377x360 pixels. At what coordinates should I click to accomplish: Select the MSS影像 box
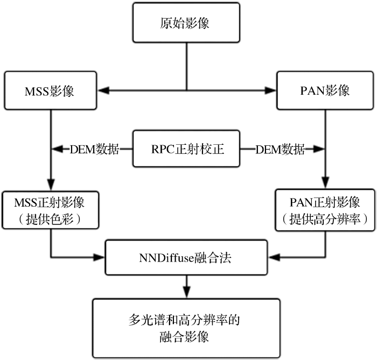[50, 90]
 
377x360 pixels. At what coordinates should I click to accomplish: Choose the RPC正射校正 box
[186, 149]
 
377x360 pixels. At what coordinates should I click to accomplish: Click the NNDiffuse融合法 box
[186, 257]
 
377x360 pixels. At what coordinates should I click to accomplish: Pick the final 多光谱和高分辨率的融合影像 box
[186, 329]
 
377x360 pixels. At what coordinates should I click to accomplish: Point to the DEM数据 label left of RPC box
[94, 149]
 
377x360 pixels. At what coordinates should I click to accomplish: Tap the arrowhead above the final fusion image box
[186, 291]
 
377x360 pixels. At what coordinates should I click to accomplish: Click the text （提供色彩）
[50, 219]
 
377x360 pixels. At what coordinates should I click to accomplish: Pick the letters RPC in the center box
[163, 149]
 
